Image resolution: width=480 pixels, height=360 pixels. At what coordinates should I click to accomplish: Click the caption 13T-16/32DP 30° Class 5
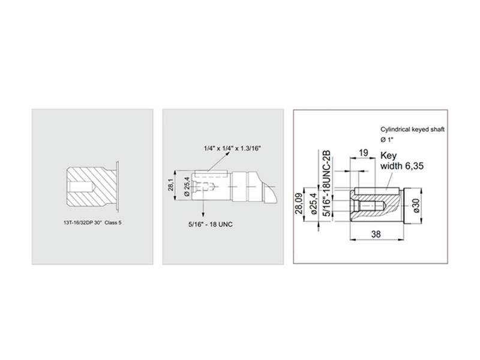(92, 223)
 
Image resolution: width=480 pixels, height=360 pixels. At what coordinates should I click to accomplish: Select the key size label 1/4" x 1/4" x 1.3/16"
(232, 148)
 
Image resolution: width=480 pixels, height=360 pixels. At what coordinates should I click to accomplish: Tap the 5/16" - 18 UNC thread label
(211, 224)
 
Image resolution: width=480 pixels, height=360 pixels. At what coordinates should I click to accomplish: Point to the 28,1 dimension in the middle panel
(171, 185)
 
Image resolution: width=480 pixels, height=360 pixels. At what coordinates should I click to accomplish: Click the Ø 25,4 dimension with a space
(187, 186)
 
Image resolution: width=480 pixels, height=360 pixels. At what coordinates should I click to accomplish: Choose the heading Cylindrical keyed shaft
(412, 130)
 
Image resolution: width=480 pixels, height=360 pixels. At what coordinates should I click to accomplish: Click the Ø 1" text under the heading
(387, 140)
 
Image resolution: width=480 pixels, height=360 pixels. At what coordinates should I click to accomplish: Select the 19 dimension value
(363, 152)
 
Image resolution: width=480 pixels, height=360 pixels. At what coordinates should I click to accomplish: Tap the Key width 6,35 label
(402, 161)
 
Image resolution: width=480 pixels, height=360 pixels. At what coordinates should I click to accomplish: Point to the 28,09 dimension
(298, 203)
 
